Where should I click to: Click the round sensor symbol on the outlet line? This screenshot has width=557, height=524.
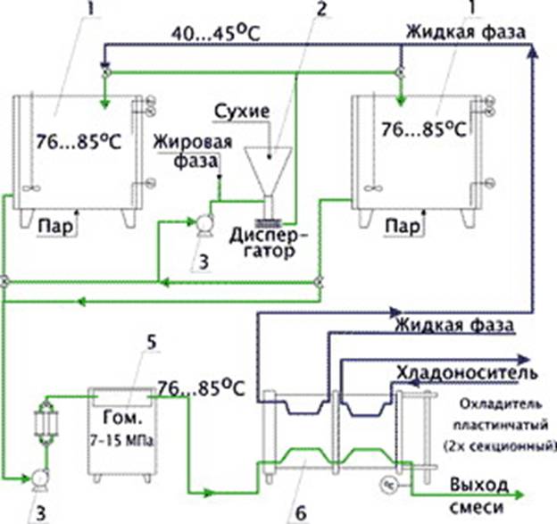pos(389,484)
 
